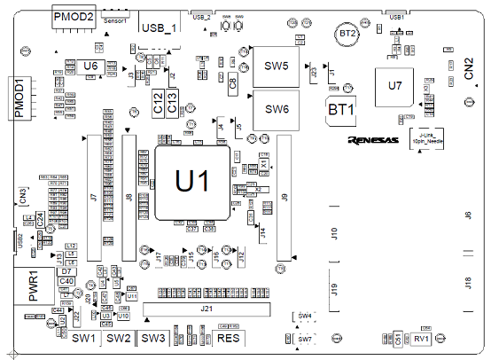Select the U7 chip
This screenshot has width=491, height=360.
pyautogui.click(x=395, y=86)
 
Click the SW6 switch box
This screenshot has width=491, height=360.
pyautogui.click(x=277, y=110)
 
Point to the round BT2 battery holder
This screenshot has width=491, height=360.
pyautogui.click(x=348, y=34)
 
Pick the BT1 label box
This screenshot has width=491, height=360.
pyautogui.click(x=341, y=110)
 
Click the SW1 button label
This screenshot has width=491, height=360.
pyautogui.click(x=83, y=338)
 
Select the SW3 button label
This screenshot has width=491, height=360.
pyautogui.click(x=153, y=338)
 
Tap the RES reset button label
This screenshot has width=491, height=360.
pyautogui.click(x=228, y=339)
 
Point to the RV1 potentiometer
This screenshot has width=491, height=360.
pyautogui.click(x=421, y=339)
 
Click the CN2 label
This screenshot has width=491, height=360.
pyautogui.click(x=470, y=71)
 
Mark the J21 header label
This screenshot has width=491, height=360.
pyautogui.click(x=206, y=309)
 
